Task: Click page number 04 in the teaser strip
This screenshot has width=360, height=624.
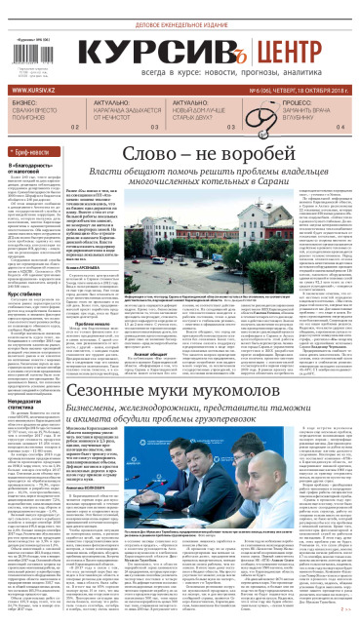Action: (x=340, y=128)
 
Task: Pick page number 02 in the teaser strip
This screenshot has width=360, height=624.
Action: (x=75, y=128)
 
